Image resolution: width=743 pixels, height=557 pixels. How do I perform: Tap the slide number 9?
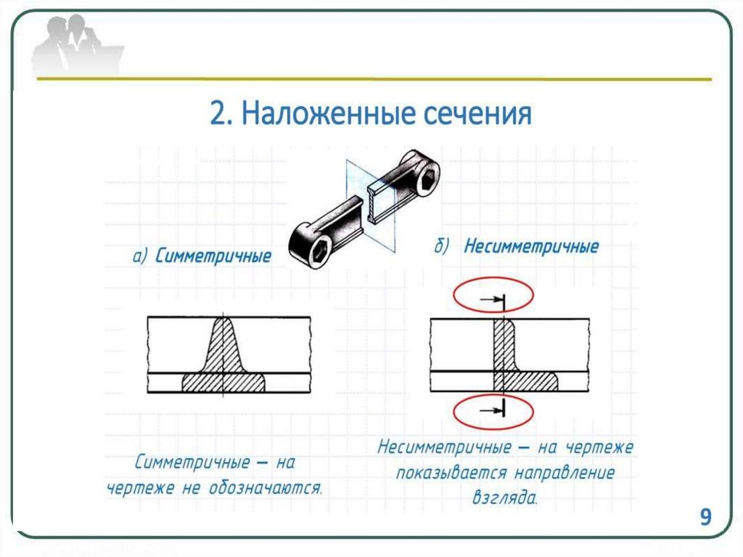coord(705,517)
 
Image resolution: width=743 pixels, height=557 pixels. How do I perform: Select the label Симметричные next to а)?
coord(213,256)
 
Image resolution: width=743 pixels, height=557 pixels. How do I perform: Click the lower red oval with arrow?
coord(493,412)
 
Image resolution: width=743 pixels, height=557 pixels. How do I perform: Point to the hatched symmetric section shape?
coord(224,363)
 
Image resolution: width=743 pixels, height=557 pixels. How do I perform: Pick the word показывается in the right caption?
coord(450,473)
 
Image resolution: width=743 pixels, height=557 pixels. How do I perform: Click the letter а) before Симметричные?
coord(140,256)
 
